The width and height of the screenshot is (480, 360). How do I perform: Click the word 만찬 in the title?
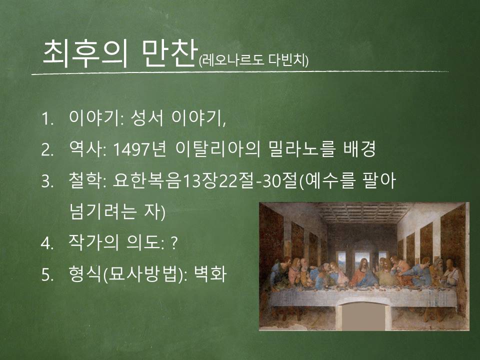pyautogui.click(x=169, y=53)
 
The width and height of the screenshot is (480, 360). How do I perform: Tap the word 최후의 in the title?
pyautogui.click(x=85, y=53)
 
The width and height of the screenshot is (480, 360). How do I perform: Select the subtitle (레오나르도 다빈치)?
pyautogui.click(x=253, y=60)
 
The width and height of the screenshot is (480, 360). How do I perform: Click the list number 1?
pyautogui.click(x=47, y=119)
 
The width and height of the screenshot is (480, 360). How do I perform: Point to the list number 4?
pyautogui.click(x=47, y=243)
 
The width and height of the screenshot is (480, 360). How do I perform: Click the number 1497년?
pyautogui.click(x=139, y=149)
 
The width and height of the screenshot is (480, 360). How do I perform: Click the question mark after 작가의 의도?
pyautogui.click(x=173, y=243)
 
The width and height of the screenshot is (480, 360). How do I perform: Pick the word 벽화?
pyautogui.click(x=210, y=274)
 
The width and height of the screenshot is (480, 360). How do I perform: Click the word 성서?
pyautogui.click(x=147, y=118)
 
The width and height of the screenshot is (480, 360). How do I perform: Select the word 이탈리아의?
pyautogui.click(x=218, y=149)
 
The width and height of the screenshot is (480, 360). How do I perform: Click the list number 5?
pyautogui.click(x=47, y=275)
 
